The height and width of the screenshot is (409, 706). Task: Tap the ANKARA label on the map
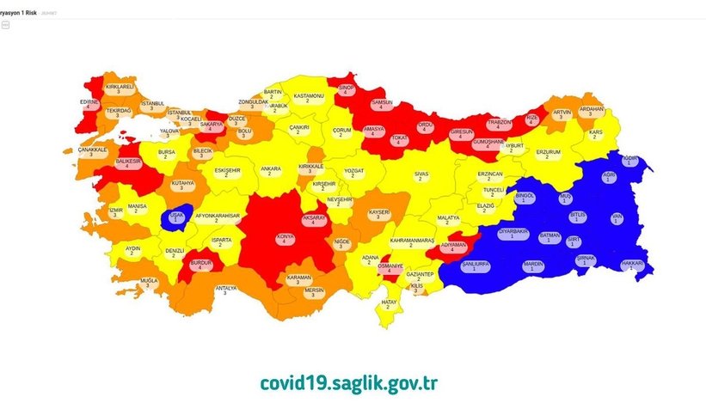[270, 170]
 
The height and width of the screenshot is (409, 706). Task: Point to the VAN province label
[616, 219]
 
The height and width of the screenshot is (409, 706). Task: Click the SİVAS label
[421, 175]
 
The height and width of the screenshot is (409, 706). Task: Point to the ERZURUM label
[548, 153]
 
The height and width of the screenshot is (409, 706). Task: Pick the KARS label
[592, 134]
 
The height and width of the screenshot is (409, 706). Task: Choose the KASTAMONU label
[308, 98]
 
